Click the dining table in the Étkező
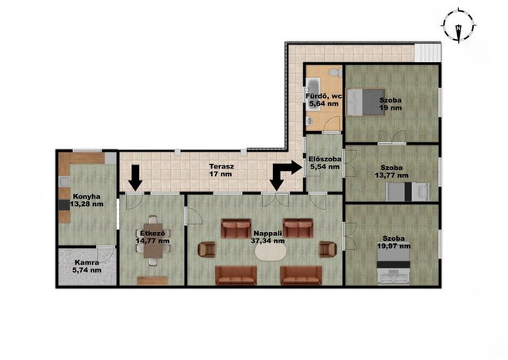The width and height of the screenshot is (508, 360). click(x=153, y=240)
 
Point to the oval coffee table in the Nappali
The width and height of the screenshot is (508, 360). click(x=271, y=252)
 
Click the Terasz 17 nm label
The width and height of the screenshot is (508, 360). click(x=221, y=170)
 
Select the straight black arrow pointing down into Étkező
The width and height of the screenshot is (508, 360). click(x=136, y=178)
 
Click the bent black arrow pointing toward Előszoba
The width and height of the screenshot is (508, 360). click(x=286, y=175)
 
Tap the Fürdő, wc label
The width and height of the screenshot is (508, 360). click(x=324, y=96)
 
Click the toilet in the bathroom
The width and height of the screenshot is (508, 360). click(x=335, y=72)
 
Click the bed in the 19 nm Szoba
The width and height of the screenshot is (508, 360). click(x=366, y=103)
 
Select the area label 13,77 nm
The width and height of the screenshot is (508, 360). click(x=391, y=176)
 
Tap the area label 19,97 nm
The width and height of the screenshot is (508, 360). click(x=394, y=246)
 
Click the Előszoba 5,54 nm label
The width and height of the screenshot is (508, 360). click(x=325, y=163)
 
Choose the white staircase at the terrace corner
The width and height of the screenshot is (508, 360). click(x=427, y=53)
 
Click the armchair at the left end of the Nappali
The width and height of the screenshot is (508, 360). click(x=207, y=250)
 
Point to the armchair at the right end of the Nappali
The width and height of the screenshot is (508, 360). click(x=328, y=250)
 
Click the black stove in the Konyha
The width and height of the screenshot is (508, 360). click(x=64, y=204)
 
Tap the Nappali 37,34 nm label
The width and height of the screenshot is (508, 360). click(x=267, y=237)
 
